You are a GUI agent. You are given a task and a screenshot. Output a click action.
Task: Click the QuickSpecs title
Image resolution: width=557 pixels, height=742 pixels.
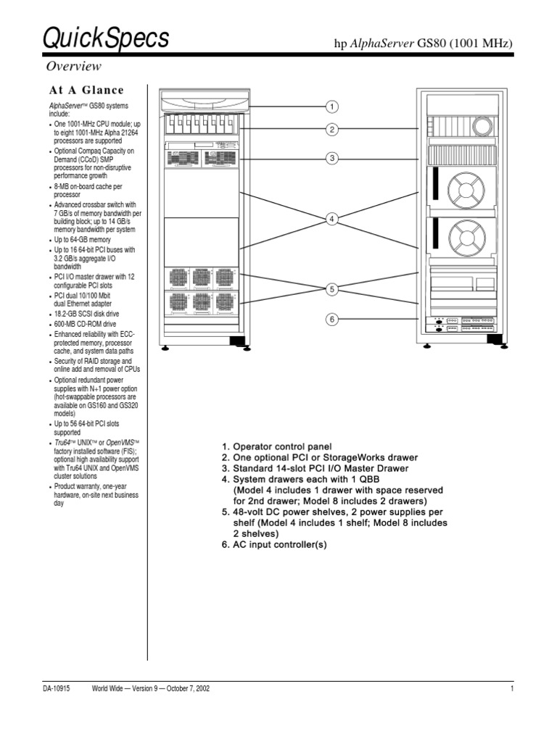tap(107, 39)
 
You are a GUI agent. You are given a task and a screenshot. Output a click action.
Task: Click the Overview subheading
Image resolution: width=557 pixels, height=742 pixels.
tap(74, 67)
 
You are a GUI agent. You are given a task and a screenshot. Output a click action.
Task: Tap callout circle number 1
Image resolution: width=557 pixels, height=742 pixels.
tap(331, 107)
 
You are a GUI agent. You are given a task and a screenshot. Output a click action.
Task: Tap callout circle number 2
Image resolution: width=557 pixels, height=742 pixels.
tap(331, 130)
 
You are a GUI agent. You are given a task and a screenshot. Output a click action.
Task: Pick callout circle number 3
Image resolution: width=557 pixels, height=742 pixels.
tap(331, 158)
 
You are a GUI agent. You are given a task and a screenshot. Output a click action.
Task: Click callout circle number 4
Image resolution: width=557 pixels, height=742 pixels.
tap(331, 219)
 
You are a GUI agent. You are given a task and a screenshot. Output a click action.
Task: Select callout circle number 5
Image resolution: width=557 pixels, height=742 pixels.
tap(331, 289)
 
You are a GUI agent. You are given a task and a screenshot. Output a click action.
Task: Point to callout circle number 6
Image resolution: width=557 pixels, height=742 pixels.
tap(331, 320)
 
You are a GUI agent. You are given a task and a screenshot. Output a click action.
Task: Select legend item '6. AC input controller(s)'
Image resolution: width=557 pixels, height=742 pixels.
tap(274, 543)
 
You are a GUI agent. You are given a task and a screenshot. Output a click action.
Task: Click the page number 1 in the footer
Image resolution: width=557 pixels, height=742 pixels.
tap(511, 688)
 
